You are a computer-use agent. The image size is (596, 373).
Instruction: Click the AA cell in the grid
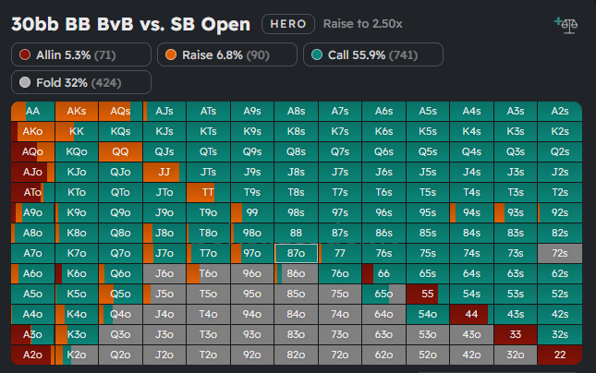32,111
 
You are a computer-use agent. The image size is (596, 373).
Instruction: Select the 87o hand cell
296,253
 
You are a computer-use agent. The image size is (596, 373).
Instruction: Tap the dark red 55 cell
428,294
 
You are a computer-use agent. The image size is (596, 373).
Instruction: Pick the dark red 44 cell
471,314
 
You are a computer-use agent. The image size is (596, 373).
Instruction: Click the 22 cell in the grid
559,355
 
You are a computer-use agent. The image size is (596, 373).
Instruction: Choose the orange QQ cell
120,151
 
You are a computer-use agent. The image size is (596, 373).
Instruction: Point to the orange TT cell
208,192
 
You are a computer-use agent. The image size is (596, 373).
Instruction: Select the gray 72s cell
559,253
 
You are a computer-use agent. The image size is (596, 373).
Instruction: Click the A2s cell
559,111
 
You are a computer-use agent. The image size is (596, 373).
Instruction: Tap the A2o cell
32,355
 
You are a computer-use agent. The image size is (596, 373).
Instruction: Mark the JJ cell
164,172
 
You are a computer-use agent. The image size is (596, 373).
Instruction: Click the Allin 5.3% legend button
81,55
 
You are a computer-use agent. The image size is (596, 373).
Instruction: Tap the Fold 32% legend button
81,83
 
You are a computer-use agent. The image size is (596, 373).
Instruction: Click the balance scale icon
563,23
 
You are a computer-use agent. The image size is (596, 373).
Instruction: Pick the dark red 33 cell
516,334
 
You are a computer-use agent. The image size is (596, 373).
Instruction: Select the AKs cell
77,111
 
